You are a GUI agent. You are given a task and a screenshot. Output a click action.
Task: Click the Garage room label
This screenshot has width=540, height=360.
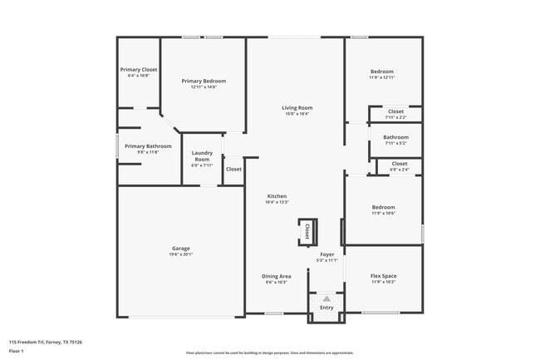tap(181, 248)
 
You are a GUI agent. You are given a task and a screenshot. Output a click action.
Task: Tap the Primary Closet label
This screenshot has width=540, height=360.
tap(138, 70)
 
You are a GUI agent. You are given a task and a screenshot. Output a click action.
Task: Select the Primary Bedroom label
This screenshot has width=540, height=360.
tap(204, 81)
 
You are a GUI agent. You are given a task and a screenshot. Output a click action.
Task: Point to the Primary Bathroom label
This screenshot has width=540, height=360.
tap(141, 145)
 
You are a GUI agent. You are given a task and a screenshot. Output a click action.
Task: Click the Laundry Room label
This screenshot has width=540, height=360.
tap(202, 155)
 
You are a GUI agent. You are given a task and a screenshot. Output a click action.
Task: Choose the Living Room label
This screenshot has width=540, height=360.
tap(296, 108)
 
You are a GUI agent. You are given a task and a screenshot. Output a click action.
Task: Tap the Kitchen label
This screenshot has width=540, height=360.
tap(276, 195)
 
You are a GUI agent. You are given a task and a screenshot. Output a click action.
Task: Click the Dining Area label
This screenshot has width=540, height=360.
tap(276, 276)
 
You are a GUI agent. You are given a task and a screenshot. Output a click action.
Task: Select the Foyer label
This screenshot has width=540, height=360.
tap(327, 254)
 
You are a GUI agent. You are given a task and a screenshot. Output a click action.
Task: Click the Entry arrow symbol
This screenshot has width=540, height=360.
tap(326, 298)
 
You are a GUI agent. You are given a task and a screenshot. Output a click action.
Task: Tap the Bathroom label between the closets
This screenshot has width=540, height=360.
tap(395, 137)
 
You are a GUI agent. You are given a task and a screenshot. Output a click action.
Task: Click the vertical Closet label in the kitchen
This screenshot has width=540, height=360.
tap(307, 230)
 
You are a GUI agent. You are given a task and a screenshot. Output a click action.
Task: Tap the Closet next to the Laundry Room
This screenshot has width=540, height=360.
tap(233, 169)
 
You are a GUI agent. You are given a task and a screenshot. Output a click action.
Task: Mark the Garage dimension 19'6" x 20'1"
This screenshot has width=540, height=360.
tap(181, 254)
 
